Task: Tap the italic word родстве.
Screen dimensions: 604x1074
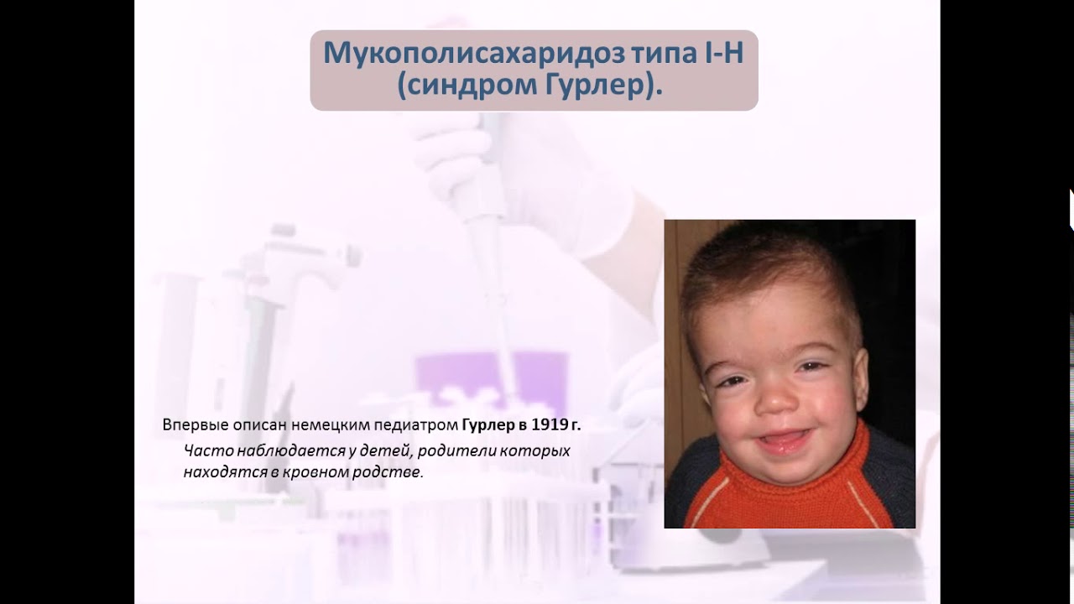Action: click(x=392, y=472)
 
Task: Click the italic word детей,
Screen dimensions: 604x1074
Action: click(x=383, y=450)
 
